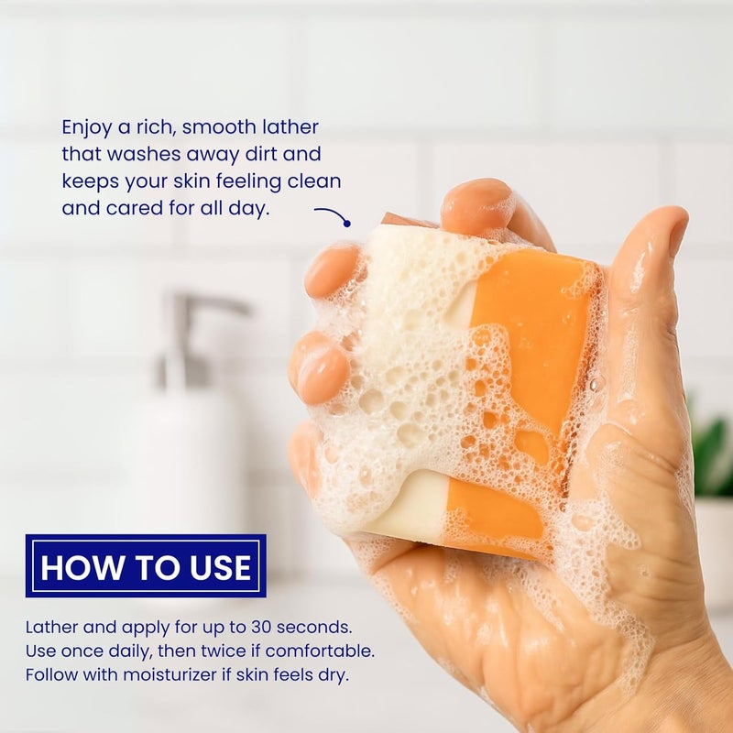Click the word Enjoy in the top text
[x=88, y=127]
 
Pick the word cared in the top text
[x=132, y=208]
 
